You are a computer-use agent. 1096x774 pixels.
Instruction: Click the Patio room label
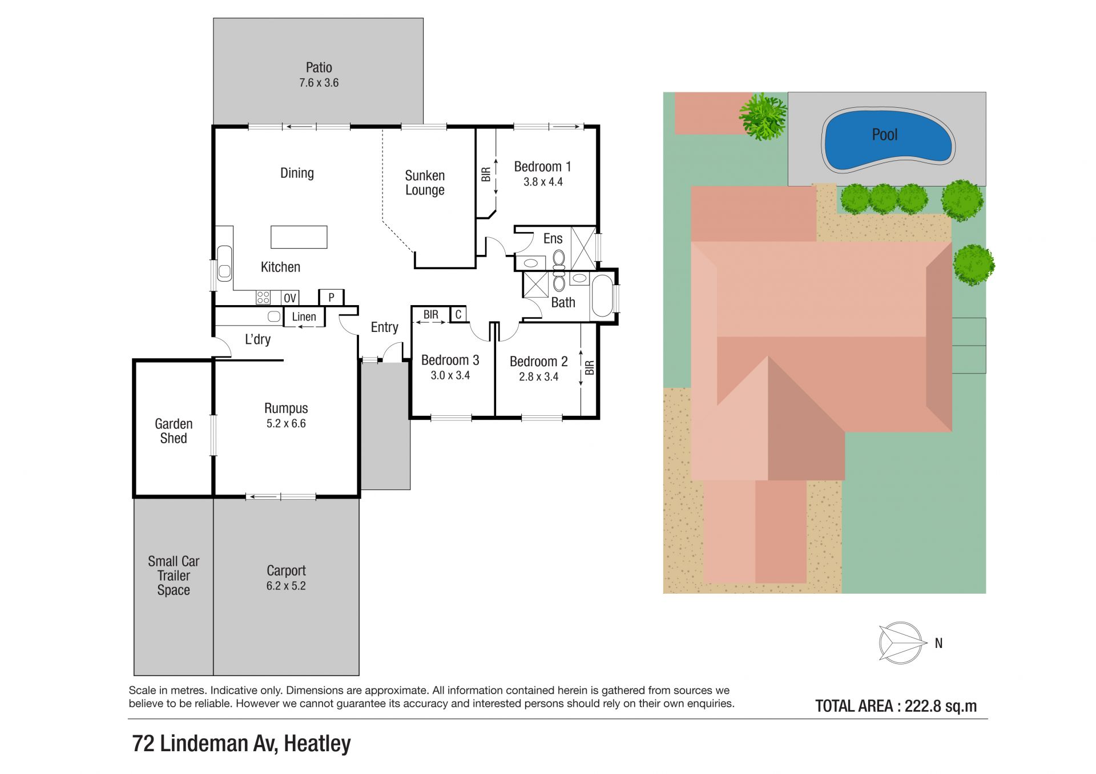click(x=319, y=67)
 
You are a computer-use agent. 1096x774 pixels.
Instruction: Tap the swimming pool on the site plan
click(x=887, y=140)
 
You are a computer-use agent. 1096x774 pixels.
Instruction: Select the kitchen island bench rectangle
click(x=299, y=237)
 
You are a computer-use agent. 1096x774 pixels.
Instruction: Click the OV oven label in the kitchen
click(x=290, y=298)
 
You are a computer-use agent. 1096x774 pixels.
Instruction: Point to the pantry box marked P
click(x=331, y=297)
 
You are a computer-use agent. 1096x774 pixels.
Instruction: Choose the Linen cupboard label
click(x=304, y=317)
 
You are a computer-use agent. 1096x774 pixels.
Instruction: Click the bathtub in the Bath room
click(x=603, y=295)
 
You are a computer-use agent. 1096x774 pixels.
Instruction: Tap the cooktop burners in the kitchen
click(x=263, y=297)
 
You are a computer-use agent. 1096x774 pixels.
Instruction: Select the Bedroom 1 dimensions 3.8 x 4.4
click(x=543, y=182)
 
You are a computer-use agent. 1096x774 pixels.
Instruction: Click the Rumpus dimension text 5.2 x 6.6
click(x=286, y=423)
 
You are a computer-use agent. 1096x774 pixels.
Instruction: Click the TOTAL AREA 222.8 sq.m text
click(x=896, y=706)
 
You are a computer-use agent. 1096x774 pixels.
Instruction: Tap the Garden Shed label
click(x=174, y=431)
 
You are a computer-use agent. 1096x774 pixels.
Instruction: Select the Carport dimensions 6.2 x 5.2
click(x=286, y=586)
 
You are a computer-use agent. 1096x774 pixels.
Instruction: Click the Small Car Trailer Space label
click(x=174, y=576)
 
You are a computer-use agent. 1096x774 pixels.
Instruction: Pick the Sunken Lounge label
click(x=425, y=183)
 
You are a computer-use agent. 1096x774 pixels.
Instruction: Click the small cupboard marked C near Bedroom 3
click(x=458, y=314)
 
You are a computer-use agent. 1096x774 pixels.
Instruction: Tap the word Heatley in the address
click(x=317, y=743)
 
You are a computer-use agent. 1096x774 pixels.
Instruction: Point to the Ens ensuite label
click(x=553, y=238)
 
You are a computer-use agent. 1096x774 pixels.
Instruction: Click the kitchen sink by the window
click(x=225, y=263)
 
